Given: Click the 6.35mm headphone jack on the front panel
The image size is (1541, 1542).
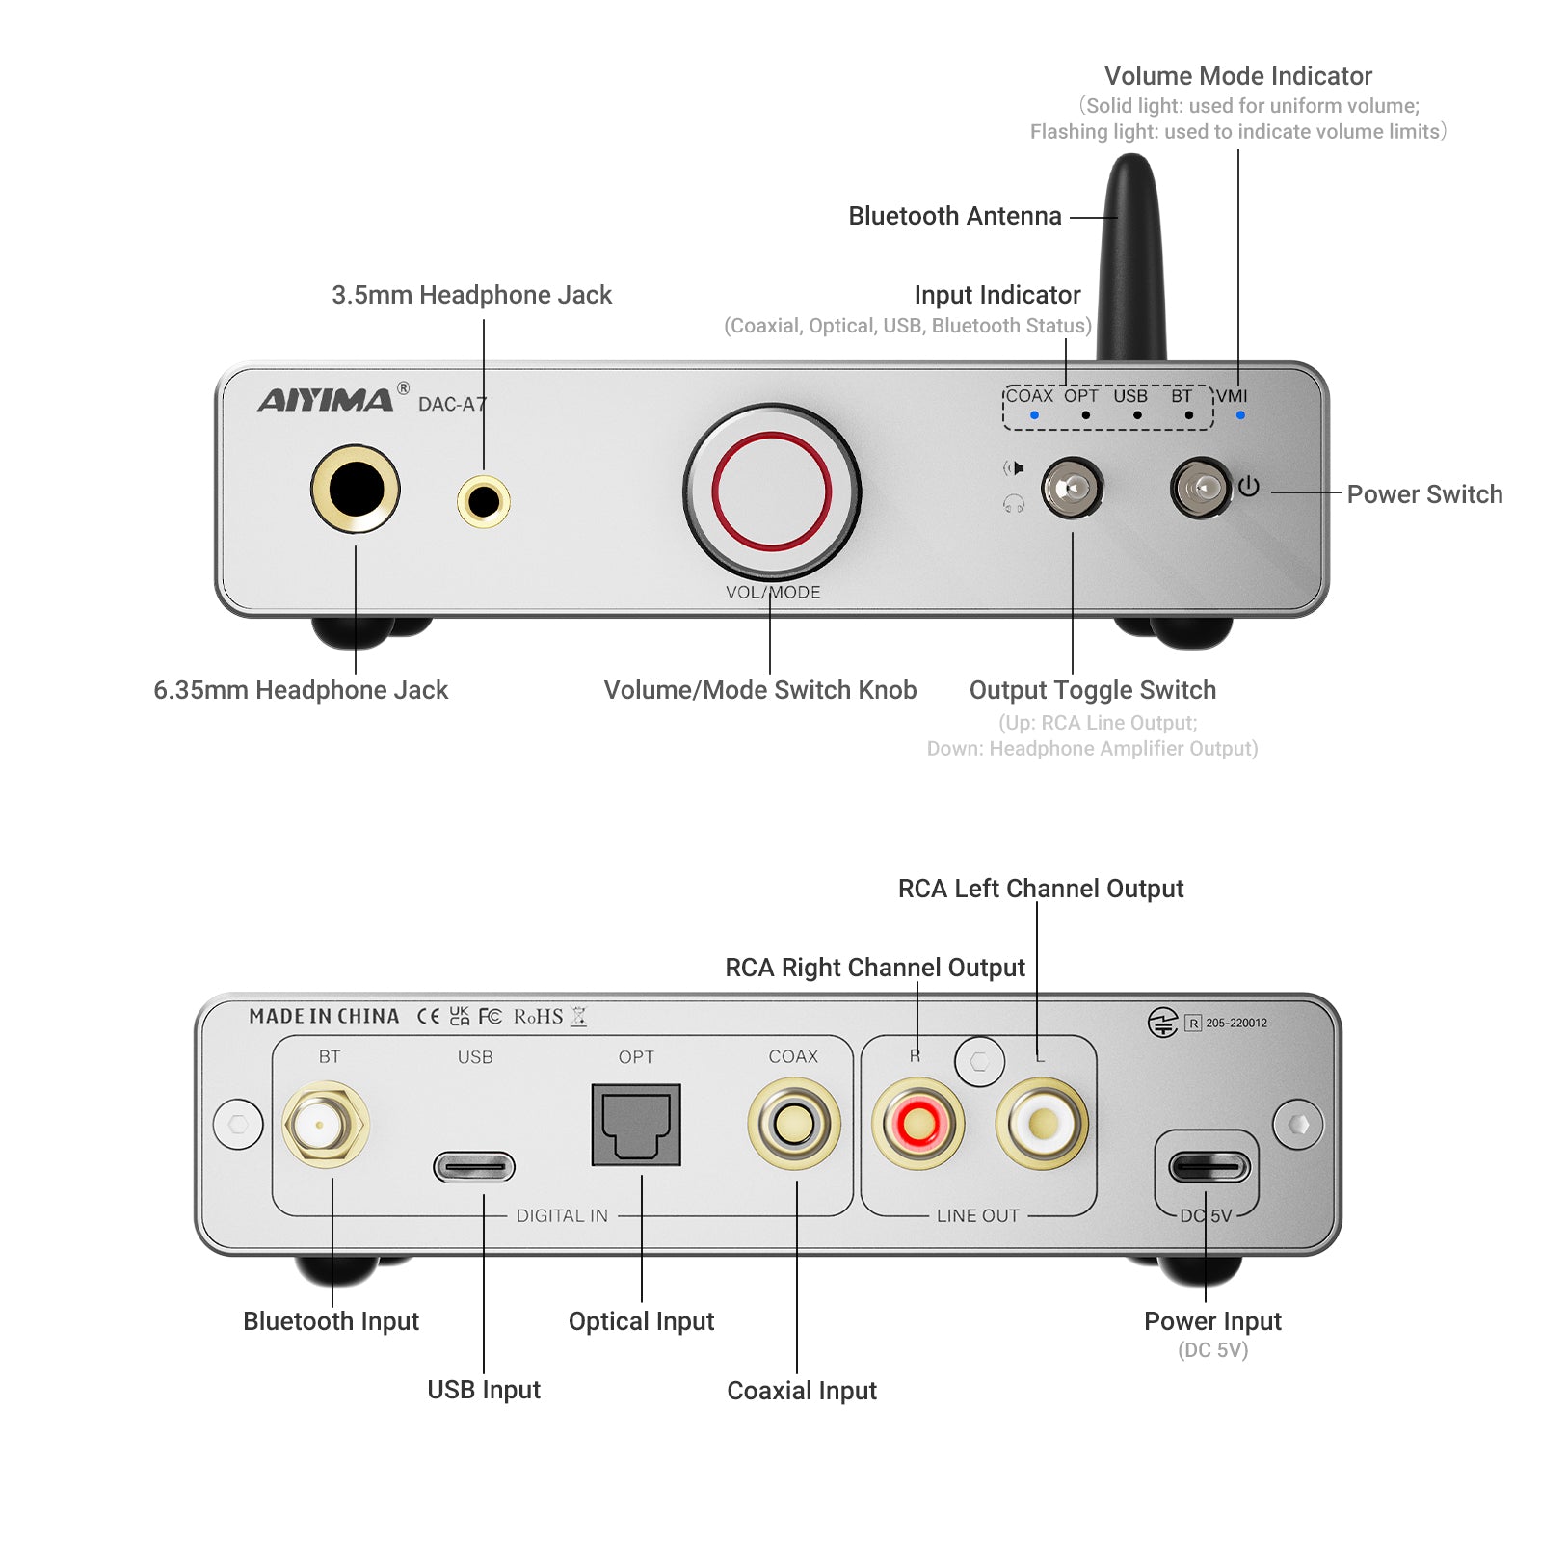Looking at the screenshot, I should point(356,489).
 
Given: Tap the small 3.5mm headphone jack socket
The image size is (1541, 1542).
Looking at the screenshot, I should point(484,501).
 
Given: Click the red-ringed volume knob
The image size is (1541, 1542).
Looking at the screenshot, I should point(771,492).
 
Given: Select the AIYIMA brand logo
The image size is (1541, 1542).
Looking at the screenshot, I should point(326,400).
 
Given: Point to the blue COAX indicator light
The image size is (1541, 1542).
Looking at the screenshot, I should point(1034,415).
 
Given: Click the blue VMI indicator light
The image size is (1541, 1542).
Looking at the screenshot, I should point(1240,415).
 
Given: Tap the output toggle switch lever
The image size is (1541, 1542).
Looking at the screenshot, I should point(1071,489).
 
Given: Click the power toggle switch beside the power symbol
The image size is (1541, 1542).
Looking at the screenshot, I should point(1202,489).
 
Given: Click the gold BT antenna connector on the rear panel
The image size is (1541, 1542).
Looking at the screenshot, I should point(325,1124).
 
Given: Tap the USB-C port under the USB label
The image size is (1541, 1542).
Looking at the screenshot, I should point(474,1167).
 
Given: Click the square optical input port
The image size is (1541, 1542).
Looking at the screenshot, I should point(636,1125).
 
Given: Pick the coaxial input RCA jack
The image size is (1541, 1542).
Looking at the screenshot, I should point(794,1124).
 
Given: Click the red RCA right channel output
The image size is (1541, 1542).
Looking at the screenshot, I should point(917,1124).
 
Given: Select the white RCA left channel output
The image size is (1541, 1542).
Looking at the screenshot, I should point(1042,1124).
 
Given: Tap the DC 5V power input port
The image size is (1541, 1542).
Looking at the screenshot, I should point(1209,1167).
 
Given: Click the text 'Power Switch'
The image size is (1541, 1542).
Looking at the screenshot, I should point(1423,494).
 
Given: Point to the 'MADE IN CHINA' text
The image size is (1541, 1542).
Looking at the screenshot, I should point(324,1017).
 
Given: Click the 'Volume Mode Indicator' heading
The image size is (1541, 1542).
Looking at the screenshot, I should point(1237,76).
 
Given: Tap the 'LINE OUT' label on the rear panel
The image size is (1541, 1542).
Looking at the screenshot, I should point(977,1216).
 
